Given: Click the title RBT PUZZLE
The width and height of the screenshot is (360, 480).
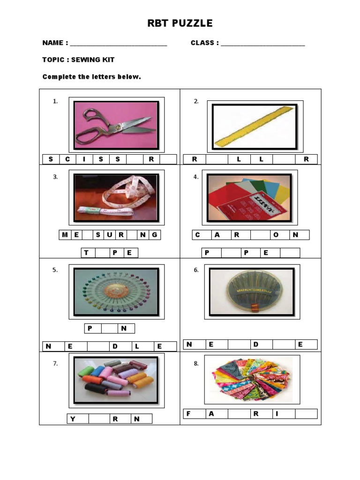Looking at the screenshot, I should pyautogui.click(x=180, y=23).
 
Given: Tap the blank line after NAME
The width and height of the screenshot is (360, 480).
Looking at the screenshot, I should pyautogui.click(x=118, y=44).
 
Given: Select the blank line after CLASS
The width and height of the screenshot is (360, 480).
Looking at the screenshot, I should pyautogui.click(x=262, y=44).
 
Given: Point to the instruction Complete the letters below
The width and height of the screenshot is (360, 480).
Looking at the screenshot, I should pyautogui.click(x=91, y=76).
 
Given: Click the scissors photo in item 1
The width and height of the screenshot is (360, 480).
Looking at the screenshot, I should pyautogui.click(x=116, y=124).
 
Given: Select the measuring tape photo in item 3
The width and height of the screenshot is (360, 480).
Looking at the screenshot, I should pyautogui.click(x=116, y=198).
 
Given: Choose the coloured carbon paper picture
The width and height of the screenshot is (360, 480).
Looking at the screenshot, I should pyautogui.click(x=249, y=198).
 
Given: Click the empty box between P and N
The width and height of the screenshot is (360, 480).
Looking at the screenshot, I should pyautogui.click(x=109, y=329).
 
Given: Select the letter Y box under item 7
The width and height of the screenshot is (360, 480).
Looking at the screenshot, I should pyautogui.click(x=73, y=419).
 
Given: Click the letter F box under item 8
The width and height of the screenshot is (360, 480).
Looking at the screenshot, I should pyautogui.click(x=188, y=413).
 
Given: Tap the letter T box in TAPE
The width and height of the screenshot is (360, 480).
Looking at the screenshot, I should pyautogui.click(x=87, y=253).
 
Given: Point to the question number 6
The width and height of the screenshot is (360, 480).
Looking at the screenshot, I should pyautogui.click(x=196, y=270).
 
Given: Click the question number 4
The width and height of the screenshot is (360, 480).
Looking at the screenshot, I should pyautogui.click(x=196, y=177).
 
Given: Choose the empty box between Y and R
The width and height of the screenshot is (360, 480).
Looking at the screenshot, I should pyautogui.click(x=99, y=419).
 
